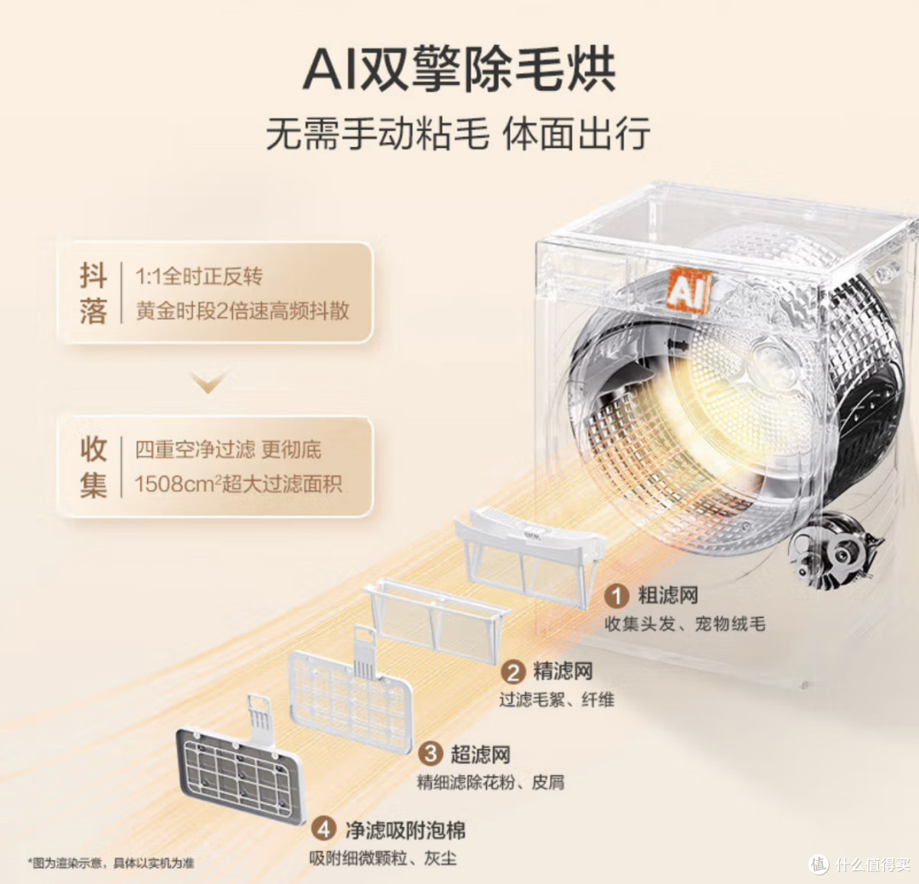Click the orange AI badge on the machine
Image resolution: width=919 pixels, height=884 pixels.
(x=688, y=288)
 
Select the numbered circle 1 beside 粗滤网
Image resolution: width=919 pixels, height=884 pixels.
(x=617, y=596)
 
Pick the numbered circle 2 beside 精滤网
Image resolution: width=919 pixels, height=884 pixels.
(x=513, y=672)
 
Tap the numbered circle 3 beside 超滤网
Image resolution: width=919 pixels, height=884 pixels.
(x=431, y=753)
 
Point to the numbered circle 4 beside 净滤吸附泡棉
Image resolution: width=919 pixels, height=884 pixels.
(x=323, y=830)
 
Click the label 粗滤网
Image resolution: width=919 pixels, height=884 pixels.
(x=668, y=596)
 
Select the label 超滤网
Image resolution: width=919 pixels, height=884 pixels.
(x=481, y=754)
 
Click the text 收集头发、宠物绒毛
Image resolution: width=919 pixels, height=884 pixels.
(x=684, y=624)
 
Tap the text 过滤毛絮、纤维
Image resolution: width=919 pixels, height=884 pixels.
(x=557, y=699)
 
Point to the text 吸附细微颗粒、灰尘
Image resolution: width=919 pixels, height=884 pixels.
(x=383, y=858)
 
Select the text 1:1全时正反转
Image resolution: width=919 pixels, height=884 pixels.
(x=198, y=277)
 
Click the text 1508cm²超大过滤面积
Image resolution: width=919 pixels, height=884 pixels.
(x=238, y=483)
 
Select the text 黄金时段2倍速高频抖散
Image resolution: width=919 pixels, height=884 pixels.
(x=243, y=311)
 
